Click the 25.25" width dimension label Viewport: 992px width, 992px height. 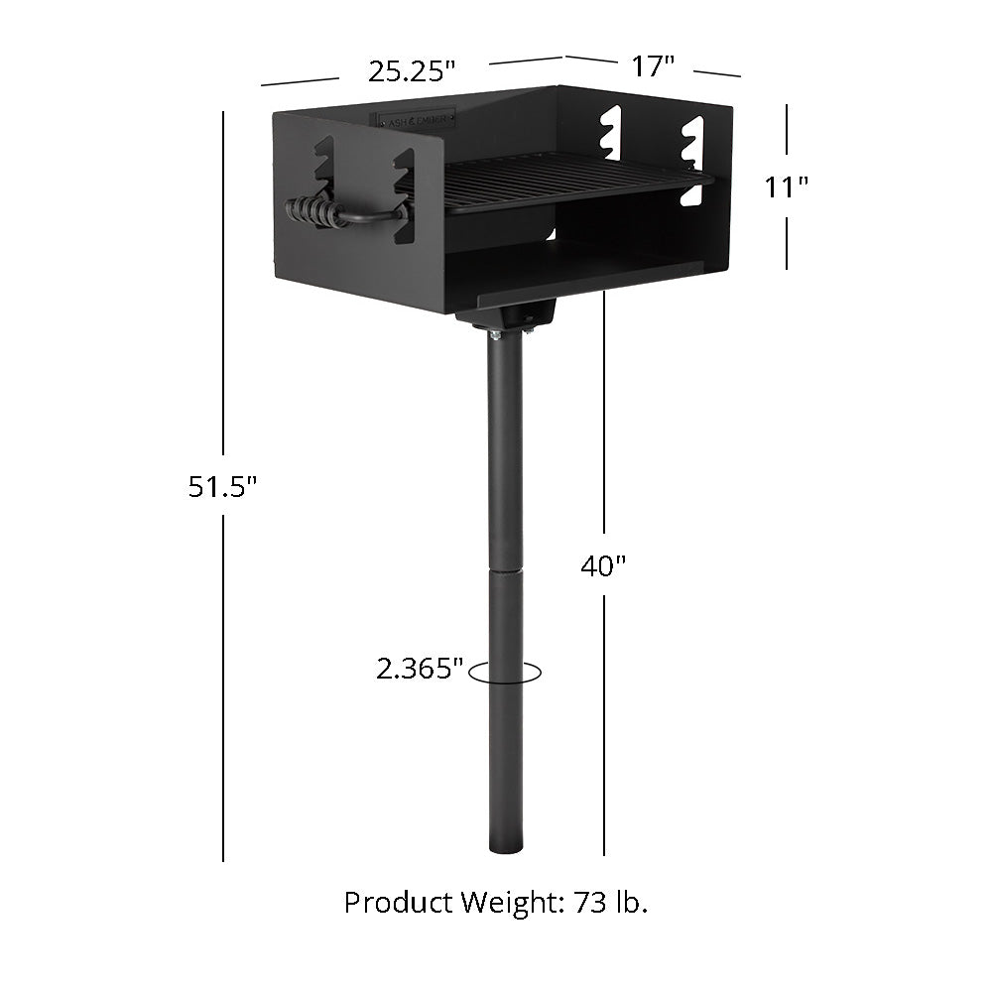pyautogui.click(x=412, y=70)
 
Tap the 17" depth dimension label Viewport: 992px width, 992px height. pyautogui.click(x=653, y=66)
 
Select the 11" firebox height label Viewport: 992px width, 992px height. pyautogui.click(x=788, y=186)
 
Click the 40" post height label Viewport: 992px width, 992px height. pyautogui.click(x=603, y=565)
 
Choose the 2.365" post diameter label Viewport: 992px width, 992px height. pyautogui.click(x=420, y=670)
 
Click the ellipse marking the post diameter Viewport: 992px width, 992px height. pyautogui.click(x=506, y=673)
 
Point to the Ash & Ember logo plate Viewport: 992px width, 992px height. pyautogui.click(x=416, y=119)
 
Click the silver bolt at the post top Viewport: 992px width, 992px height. pyautogui.click(x=495, y=334)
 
